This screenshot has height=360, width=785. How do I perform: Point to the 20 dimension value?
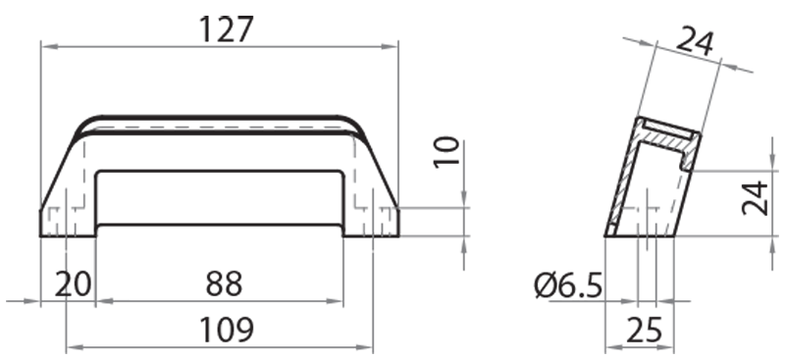pos(72,283)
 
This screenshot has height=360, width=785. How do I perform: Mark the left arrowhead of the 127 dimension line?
pos(45,45)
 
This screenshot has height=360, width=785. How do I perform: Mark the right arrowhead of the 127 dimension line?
pos(393,45)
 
